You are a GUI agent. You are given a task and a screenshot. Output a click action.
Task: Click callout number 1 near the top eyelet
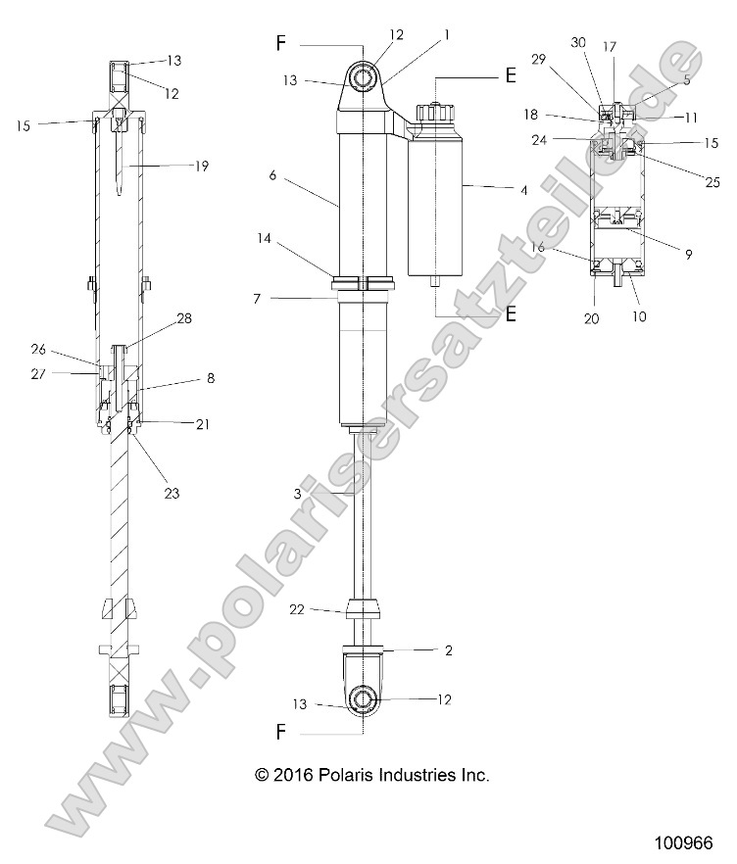click(x=447, y=34)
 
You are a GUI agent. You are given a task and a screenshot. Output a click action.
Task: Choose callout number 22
click(x=298, y=608)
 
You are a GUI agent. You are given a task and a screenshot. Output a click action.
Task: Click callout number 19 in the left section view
click(x=202, y=168)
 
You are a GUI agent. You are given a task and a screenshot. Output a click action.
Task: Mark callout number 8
click(x=210, y=376)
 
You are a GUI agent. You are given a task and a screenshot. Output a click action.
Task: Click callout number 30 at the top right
click(x=578, y=43)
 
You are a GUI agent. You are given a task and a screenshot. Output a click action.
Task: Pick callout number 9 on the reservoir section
click(x=688, y=254)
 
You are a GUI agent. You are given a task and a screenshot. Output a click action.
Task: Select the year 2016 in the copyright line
click(x=294, y=775)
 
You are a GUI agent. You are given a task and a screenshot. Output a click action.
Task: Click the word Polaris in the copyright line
click(x=349, y=775)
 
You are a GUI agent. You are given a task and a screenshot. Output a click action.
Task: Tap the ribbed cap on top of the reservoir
click(x=433, y=111)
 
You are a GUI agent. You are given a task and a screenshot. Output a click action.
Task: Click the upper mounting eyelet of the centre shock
click(x=364, y=76)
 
